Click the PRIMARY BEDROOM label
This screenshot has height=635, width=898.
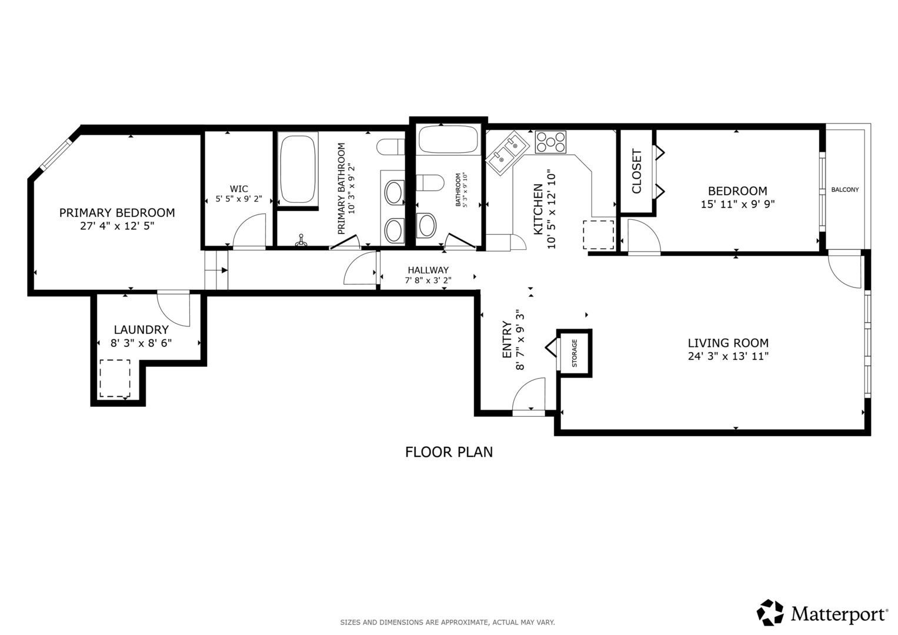[117, 212]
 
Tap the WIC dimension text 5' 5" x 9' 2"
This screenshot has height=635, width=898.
[239, 199]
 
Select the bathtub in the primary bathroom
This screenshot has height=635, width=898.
[297, 169]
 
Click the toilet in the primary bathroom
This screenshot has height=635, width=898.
[390, 147]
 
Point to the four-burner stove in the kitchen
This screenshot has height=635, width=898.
[550, 142]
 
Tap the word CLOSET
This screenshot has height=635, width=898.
[637, 171]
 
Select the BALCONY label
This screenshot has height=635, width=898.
[844, 189]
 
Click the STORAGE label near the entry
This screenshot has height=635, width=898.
[575, 353]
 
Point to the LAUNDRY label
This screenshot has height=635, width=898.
[141, 329]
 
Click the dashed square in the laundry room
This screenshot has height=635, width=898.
[115, 379]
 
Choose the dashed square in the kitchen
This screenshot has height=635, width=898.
[599, 235]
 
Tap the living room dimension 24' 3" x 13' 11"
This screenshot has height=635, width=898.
[728, 356]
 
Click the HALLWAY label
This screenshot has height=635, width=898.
[428, 270]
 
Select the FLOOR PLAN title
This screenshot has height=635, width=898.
[449, 452]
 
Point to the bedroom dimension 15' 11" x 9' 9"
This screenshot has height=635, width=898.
[737, 204]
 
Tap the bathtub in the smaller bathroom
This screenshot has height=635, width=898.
[449, 139]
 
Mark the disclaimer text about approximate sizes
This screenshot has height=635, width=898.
[448, 623]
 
